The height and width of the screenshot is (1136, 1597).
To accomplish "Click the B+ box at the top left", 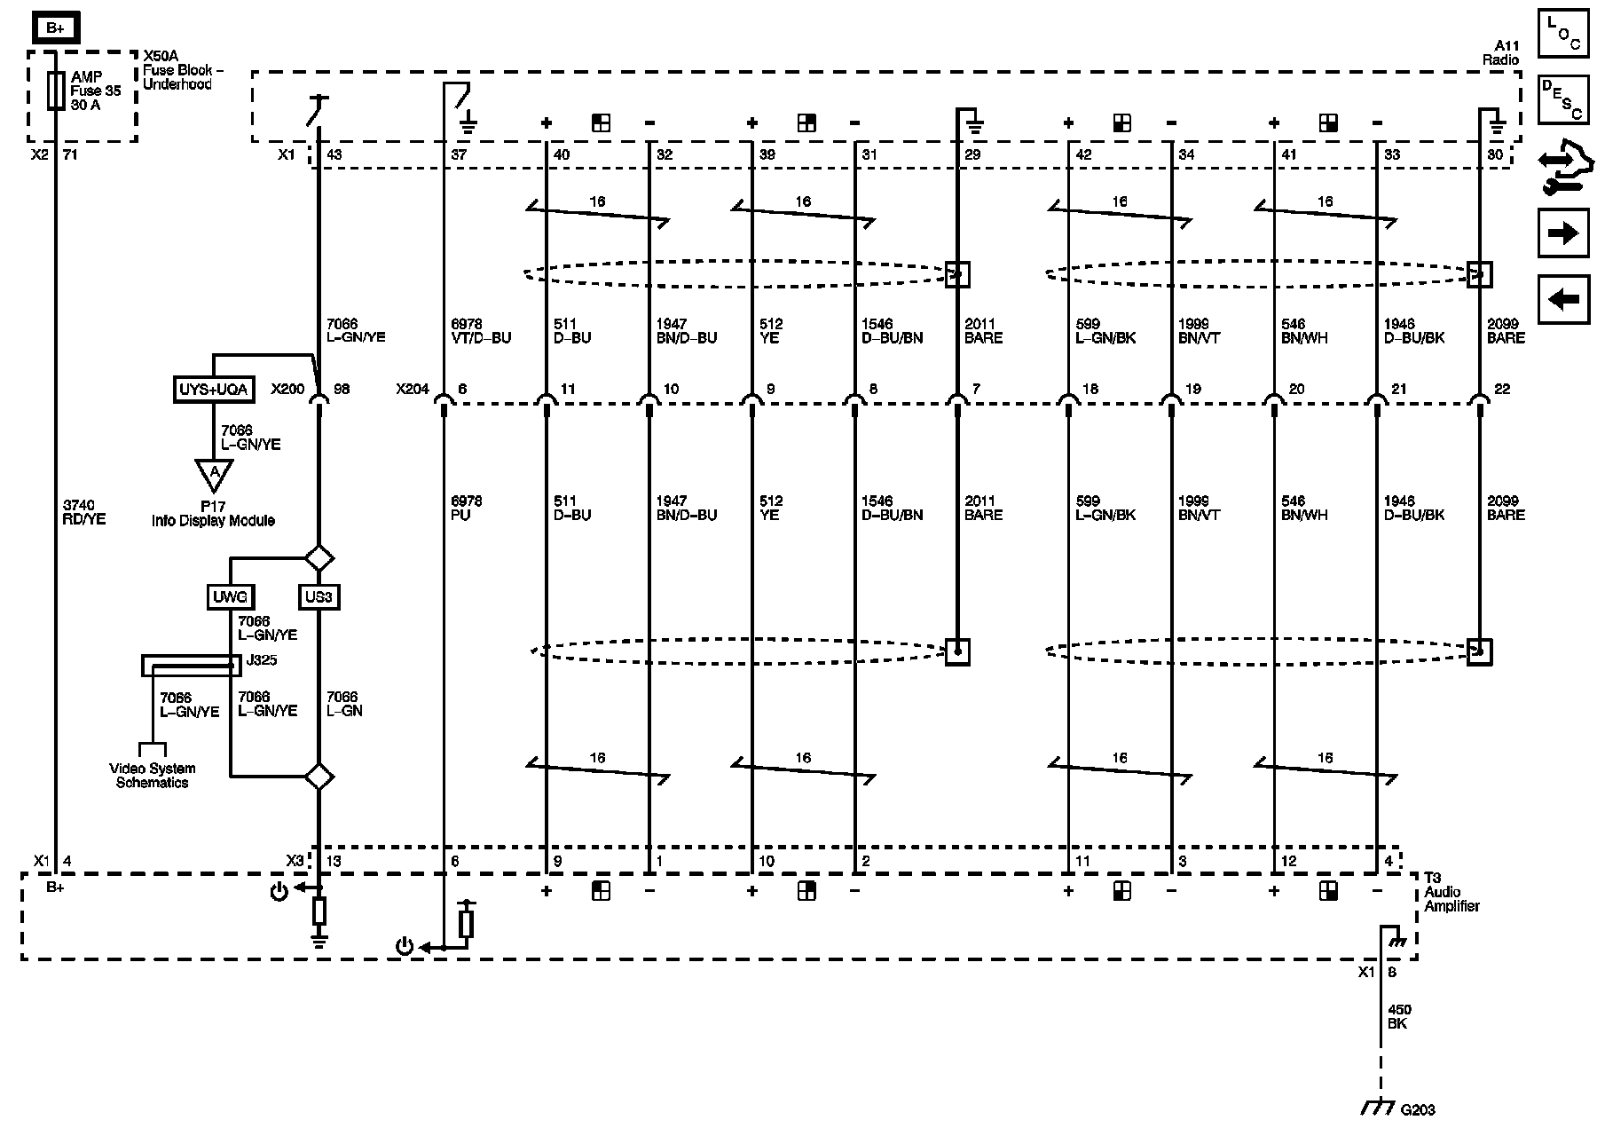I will click(x=56, y=28).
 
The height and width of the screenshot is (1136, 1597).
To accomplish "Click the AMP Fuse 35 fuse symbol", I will click(x=56, y=91).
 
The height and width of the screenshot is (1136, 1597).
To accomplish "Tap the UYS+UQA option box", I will click(x=213, y=390).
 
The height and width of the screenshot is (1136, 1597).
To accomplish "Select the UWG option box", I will click(x=231, y=597).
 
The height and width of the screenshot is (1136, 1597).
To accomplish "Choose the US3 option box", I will click(x=319, y=597).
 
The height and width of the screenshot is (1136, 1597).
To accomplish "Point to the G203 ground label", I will click(x=1417, y=1110).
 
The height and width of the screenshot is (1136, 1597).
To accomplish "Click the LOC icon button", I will click(x=1563, y=33).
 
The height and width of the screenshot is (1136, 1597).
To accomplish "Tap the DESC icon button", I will click(x=1563, y=99).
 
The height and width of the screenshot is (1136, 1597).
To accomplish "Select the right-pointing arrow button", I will click(x=1563, y=233).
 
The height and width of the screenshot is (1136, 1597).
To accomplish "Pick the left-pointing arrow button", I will click(x=1563, y=300).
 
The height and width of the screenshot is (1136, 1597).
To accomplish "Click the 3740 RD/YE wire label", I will click(x=84, y=512).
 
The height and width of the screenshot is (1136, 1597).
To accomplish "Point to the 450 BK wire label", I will click(x=1400, y=1016).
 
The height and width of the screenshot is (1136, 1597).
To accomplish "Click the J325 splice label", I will click(x=262, y=660).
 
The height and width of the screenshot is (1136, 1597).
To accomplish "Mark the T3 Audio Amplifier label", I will click(x=1452, y=892).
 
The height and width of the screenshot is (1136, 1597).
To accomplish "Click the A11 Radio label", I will click(x=1501, y=52).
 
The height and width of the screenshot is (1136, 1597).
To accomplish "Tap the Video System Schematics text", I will click(x=152, y=776).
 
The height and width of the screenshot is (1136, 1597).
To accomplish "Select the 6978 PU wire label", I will click(x=466, y=508).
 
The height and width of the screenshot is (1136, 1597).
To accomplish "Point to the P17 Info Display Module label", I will click(x=213, y=514).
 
